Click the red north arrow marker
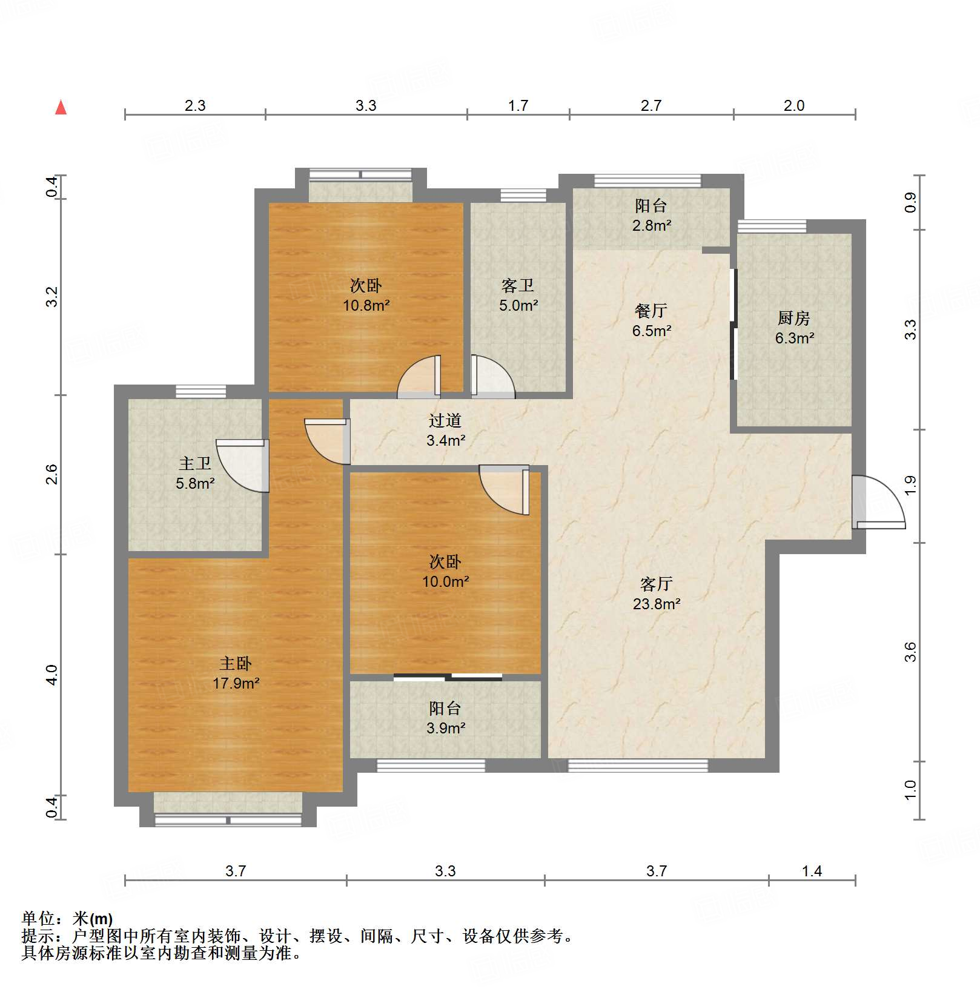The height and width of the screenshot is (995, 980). (61, 108)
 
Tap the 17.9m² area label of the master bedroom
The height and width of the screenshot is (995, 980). (236, 684)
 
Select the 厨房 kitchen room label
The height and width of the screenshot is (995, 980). (793, 317)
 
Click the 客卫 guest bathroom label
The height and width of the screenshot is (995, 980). (518, 285)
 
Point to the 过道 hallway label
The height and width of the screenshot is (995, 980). (445, 420)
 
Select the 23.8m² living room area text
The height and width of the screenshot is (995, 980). (657, 604)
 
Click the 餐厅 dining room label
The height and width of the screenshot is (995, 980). (651, 311)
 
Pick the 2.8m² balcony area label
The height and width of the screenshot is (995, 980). (651, 226)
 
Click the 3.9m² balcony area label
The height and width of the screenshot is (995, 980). (445, 728)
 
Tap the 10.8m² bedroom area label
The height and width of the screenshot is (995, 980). (366, 305)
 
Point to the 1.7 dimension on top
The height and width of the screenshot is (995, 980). (518, 106)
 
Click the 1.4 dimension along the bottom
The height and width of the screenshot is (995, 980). (812, 871)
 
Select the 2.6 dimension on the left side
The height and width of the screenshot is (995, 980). (52, 474)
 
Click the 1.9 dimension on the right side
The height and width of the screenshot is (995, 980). (910, 485)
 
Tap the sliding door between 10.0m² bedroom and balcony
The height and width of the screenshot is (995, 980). (448, 677)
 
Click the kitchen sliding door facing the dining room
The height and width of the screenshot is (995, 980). (733, 324)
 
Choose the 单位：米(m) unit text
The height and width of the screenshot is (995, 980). (67, 919)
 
